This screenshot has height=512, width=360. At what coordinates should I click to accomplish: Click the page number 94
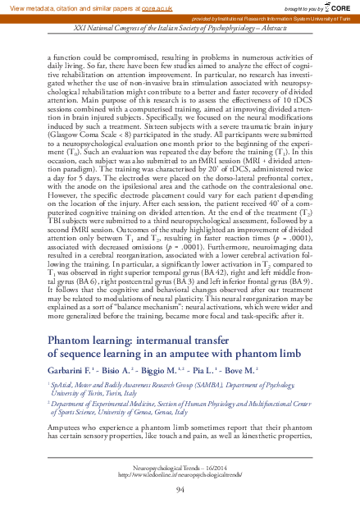point(180,489)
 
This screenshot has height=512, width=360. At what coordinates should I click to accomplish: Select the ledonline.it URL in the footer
point(180,473)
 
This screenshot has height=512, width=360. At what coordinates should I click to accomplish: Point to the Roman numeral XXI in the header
point(80,26)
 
